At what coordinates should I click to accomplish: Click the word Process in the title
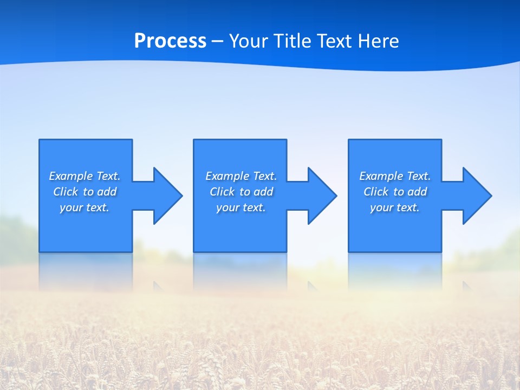(170, 41)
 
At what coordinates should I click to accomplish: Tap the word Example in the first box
(71, 176)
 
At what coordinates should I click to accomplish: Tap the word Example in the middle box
(227, 176)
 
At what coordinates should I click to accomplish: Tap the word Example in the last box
(381, 176)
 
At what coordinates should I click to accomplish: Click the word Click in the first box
(65, 192)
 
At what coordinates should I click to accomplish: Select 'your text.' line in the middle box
(240, 207)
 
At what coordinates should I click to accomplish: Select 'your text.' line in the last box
(394, 207)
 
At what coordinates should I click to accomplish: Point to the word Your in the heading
(249, 41)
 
